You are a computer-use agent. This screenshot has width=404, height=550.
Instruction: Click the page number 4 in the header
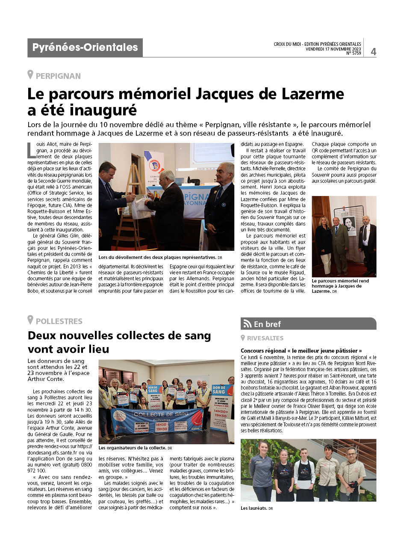[x=373, y=51]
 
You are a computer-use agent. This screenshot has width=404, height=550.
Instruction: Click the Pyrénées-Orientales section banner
[x=85, y=48]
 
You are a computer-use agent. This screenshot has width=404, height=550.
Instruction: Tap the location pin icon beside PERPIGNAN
[x=30, y=75]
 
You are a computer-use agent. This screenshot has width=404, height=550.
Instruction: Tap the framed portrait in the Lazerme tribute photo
[x=349, y=225]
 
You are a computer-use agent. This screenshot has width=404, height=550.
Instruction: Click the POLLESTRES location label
[x=59, y=321]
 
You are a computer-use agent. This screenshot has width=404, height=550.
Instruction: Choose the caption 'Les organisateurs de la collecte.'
[x=133, y=448]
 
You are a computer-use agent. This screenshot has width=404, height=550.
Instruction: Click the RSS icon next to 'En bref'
[x=247, y=324]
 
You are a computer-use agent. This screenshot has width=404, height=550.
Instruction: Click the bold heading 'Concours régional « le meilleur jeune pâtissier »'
[x=301, y=351]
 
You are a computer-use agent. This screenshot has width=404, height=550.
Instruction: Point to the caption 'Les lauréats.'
[x=254, y=508]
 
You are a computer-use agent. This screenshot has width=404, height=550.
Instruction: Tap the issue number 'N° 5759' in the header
[x=354, y=54]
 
